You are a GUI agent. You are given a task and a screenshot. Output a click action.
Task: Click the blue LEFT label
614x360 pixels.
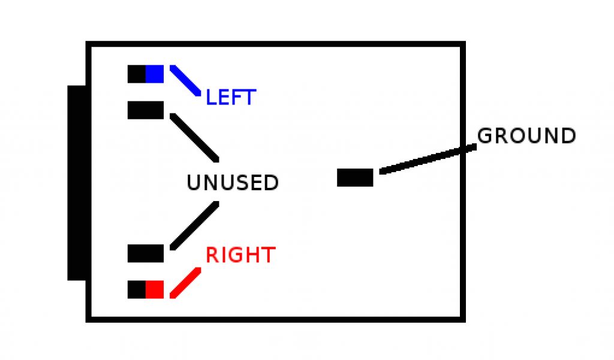pyautogui.click(x=231, y=97)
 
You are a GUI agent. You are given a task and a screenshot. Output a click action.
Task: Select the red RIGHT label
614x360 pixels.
pyautogui.click(x=240, y=255)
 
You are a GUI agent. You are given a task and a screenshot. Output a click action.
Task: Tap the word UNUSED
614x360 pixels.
pyautogui.click(x=233, y=182)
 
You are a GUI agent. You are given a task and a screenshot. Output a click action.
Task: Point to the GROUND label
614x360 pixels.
pyautogui.click(x=526, y=136)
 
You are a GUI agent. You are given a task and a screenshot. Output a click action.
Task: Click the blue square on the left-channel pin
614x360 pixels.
pyautogui.click(x=155, y=74)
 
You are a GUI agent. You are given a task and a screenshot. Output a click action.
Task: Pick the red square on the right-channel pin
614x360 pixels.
pyautogui.click(x=155, y=289)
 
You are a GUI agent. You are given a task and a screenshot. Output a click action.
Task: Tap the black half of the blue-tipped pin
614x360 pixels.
pyautogui.click(x=137, y=74)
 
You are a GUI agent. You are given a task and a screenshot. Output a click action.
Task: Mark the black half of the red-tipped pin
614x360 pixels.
pyautogui.click(x=137, y=289)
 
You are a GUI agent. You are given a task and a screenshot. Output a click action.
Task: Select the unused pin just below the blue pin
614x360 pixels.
pyautogui.click(x=146, y=110)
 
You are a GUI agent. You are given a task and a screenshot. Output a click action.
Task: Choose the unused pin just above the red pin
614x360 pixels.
pyautogui.click(x=146, y=253)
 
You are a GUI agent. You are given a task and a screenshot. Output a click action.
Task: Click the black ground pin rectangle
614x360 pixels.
pyautogui.click(x=355, y=178)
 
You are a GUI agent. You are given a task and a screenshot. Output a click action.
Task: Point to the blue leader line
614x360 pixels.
pyautogui.click(x=185, y=80)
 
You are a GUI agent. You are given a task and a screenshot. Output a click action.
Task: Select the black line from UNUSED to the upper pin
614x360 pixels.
pyautogui.click(x=194, y=137)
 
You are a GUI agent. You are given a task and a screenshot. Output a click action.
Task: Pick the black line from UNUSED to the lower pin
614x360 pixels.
pyautogui.click(x=194, y=226)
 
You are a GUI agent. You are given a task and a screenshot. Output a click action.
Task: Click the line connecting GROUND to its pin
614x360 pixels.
pyautogui.click(x=428, y=158)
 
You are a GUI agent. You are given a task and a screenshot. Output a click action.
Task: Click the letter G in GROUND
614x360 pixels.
pyautogui.click(x=484, y=136)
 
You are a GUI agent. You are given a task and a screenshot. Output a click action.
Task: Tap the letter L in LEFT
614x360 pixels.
pyautogui.click(x=210, y=97)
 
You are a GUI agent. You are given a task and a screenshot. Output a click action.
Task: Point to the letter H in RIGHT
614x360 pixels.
pyautogui.click(x=252, y=255)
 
